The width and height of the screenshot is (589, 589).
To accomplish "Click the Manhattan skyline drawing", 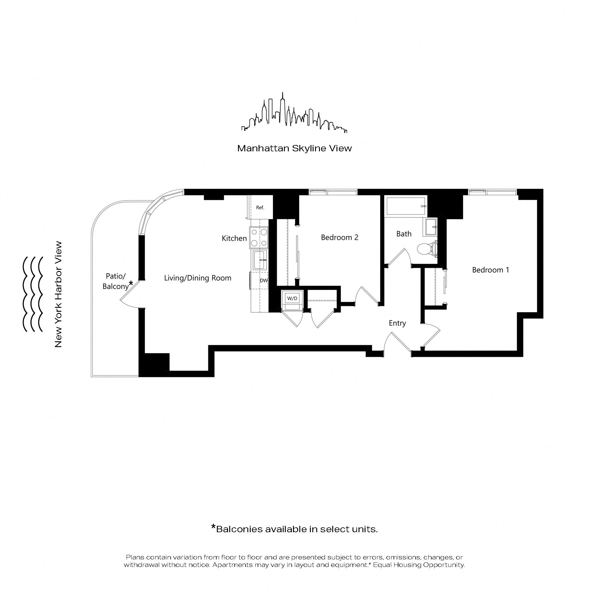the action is pyautogui.click(x=294, y=113).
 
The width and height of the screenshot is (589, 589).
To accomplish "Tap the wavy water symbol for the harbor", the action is pyautogui.click(x=32, y=294).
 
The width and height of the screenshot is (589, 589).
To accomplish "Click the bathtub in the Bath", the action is pyautogui.click(x=406, y=206).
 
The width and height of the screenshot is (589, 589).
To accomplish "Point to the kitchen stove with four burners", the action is pyautogui.click(x=259, y=237).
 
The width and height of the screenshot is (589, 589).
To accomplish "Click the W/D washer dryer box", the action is pyautogui.click(x=292, y=298).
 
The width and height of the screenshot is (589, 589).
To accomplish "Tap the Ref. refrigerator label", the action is pyautogui.click(x=260, y=208).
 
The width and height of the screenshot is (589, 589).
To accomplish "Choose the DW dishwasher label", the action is pyautogui.click(x=263, y=281).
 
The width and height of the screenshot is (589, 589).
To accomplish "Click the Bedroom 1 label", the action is pyautogui.click(x=491, y=270).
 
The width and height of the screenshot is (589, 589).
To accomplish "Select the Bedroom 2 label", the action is pyautogui.click(x=340, y=237).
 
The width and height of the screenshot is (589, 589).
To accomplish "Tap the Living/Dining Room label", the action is pyautogui.click(x=198, y=278).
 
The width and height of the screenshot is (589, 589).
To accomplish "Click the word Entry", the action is pyautogui.click(x=397, y=323).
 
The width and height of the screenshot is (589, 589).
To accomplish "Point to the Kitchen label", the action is pyautogui.click(x=234, y=238).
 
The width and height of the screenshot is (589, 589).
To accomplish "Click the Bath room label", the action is pyautogui.click(x=404, y=234).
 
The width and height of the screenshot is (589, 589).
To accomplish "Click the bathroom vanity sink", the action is pyautogui.click(x=430, y=227).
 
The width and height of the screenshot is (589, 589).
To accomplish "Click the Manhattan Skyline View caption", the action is pyautogui.click(x=294, y=149).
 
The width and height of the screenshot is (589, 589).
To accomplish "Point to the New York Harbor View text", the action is pyautogui.click(x=58, y=294).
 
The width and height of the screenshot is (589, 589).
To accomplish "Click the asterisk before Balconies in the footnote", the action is pyautogui.click(x=214, y=527).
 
